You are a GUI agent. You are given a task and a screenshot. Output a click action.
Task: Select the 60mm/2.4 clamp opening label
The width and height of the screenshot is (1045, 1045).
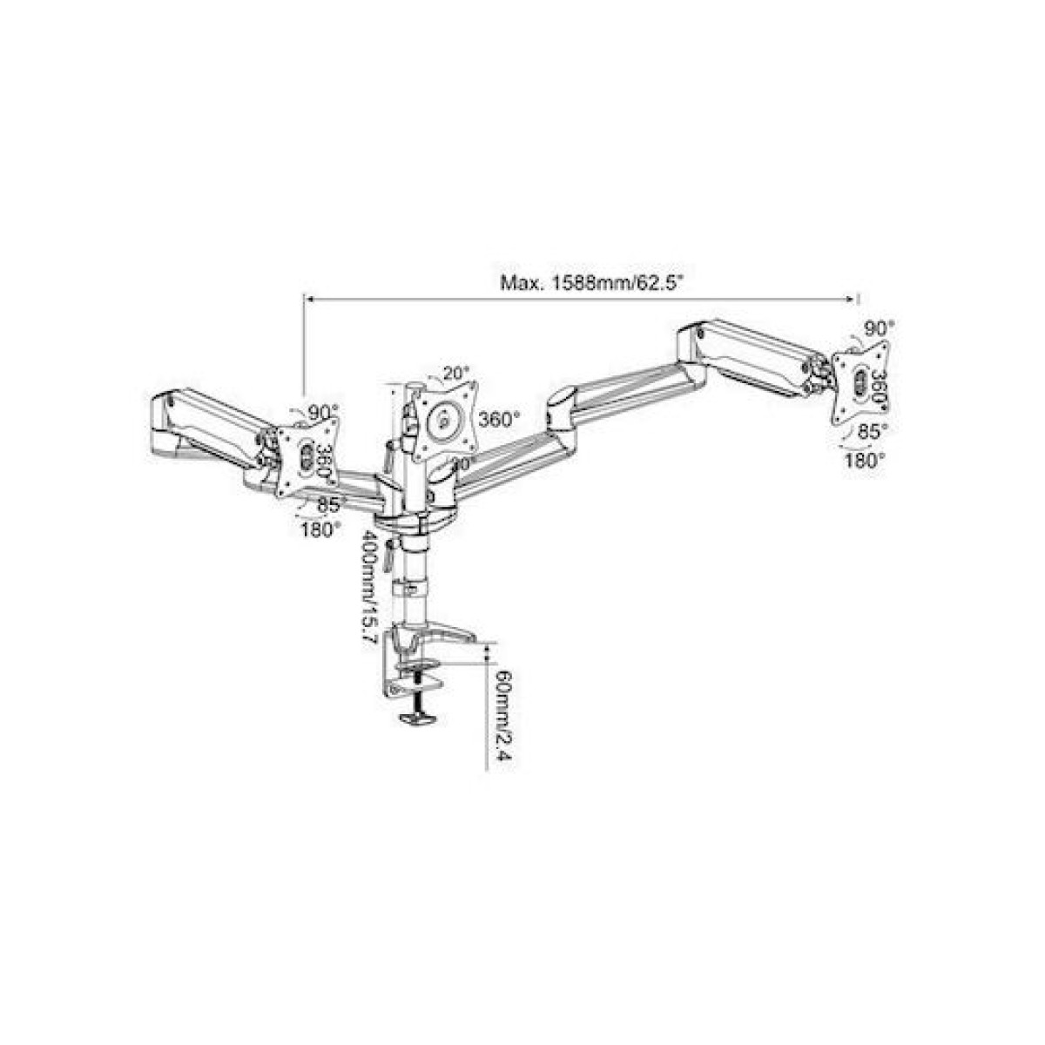pyautogui.click(x=502, y=714)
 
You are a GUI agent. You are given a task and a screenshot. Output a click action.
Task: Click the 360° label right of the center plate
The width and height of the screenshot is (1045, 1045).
pyautogui.click(x=500, y=419)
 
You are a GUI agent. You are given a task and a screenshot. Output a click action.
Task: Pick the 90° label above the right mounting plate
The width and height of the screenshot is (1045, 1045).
pyautogui.click(x=878, y=327)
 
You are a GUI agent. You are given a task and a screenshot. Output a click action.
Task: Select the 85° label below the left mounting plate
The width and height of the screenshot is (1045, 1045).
pyautogui.click(x=332, y=503)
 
